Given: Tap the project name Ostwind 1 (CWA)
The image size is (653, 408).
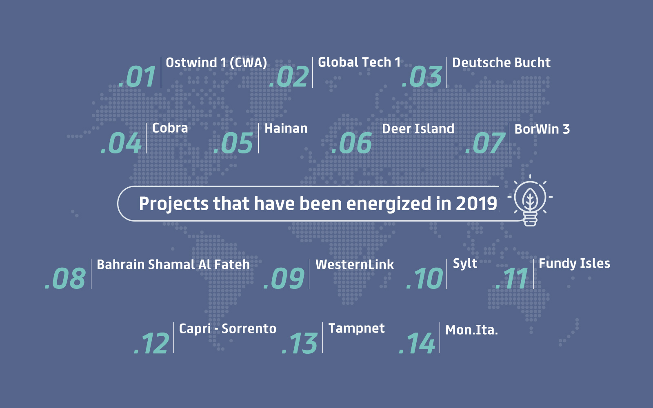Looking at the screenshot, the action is (x=216, y=63).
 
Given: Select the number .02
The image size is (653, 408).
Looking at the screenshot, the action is (x=289, y=76).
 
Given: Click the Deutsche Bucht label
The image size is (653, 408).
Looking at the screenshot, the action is (x=501, y=63).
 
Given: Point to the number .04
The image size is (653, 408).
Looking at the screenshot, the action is (x=121, y=143).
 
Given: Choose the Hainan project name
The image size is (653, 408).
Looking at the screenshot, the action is (x=286, y=129).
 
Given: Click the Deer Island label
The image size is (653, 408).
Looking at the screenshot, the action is (x=418, y=129).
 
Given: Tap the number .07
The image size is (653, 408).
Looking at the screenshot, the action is (x=485, y=143).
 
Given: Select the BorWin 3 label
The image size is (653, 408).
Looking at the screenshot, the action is (x=542, y=129).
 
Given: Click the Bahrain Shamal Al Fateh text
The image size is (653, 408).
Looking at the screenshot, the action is (x=173, y=265).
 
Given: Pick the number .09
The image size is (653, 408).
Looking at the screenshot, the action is (x=284, y=279).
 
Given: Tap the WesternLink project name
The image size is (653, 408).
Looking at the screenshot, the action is (x=355, y=265).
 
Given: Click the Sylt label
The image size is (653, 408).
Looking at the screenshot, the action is (x=465, y=264).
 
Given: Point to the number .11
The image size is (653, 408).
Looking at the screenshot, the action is (x=512, y=279).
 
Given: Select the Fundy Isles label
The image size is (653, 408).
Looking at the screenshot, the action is (x=574, y=264).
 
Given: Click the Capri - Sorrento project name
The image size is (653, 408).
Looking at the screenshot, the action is (x=227, y=329).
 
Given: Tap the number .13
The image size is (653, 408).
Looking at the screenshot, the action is (x=300, y=343).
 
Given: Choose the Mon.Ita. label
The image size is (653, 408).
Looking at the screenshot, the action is (x=471, y=330).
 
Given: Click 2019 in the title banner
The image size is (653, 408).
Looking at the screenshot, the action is (x=476, y=203).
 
